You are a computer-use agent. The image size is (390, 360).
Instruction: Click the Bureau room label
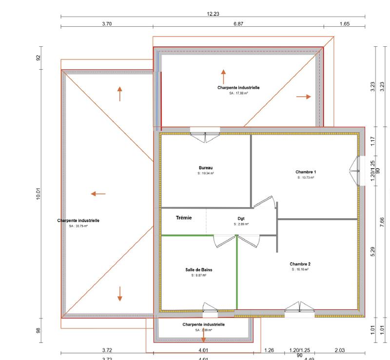coord(206,167)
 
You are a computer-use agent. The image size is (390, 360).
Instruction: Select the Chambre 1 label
coord(306,172)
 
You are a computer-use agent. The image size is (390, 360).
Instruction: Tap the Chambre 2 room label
coord(300,264)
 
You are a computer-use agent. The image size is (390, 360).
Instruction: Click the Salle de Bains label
coord(198,269)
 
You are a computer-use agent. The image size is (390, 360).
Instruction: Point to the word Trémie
coord(183,218)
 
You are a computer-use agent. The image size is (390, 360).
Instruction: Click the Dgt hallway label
coord(240,219)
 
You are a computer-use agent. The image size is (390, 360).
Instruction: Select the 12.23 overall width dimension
coord(213,14)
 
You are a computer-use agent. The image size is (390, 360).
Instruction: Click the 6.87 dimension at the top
coord(238,24)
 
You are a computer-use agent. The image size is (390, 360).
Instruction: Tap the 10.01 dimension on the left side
coord(38,193)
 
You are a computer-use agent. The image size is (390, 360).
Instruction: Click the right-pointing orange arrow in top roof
coord(303,96)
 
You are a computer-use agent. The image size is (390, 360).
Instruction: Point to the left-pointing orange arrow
coord(98,194)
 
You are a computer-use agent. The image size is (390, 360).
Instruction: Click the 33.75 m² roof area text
coord(78,226)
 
